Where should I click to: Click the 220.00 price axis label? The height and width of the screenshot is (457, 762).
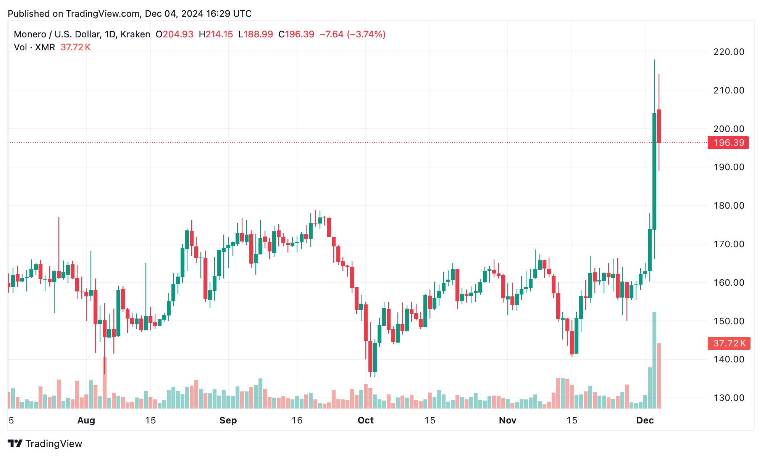(x=728, y=52)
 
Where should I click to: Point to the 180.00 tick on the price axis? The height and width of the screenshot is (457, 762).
(x=728, y=206)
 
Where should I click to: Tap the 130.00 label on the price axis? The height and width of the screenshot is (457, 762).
(x=728, y=398)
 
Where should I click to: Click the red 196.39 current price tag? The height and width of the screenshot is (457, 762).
(x=728, y=143)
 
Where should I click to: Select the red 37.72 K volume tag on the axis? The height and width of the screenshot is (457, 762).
(x=729, y=343)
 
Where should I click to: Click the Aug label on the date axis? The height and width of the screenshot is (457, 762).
(x=86, y=420)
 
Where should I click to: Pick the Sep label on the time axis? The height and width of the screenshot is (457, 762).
(x=228, y=420)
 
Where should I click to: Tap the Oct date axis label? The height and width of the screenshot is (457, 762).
(x=365, y=420)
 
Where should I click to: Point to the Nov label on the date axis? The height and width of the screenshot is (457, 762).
(x=507, y=420)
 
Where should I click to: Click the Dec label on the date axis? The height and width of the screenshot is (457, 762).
(x=645, y=420)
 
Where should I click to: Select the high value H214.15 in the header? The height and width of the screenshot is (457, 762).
(x=216, y=34)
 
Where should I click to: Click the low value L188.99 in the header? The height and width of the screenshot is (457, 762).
(x=255, y=34)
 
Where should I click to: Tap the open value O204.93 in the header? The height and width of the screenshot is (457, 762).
(x=174, y=34)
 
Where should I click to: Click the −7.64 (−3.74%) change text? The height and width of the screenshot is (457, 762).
(x=352, y=34)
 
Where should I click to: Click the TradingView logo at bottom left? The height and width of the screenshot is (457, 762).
(x=45, y=444)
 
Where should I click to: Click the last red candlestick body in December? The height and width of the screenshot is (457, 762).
(x=659, y=126)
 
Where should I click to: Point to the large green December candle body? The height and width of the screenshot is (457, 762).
(x=654, y=172)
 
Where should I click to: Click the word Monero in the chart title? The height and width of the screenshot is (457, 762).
(x=29, y=34)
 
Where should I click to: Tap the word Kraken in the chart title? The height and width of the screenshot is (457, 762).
(x=135, y=34)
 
